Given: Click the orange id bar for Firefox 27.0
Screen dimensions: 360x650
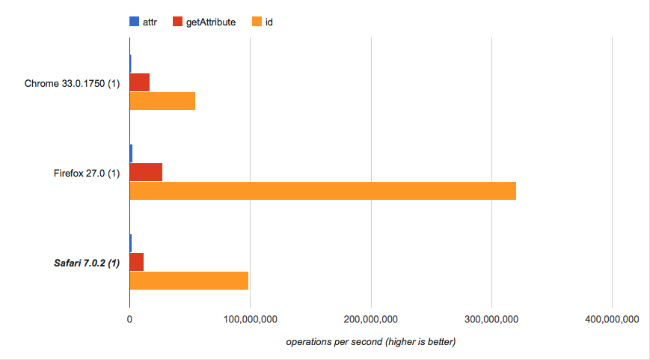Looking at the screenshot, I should coord(322,191).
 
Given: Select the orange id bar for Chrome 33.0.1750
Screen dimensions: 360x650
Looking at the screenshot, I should coord(162,101).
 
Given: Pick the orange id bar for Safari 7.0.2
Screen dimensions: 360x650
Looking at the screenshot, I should coord(188,281).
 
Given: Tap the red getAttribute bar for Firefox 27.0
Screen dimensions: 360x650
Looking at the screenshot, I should coord(146,172).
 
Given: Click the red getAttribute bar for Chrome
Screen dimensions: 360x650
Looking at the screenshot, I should coord(140,82).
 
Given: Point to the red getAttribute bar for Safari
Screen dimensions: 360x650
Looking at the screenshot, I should coord(136,262).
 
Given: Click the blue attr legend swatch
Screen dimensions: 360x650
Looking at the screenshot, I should coord(135,22).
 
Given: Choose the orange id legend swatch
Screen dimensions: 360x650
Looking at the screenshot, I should coord(260,22).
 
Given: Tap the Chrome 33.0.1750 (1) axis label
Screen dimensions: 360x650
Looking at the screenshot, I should coord(72,83).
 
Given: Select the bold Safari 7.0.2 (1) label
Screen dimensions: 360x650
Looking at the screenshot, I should coord(86,263).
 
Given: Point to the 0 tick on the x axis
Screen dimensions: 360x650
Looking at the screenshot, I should coord(129,319).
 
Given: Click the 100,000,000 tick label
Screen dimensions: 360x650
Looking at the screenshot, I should coord(250,319).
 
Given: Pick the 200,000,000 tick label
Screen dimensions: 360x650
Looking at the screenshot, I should coord(371,319).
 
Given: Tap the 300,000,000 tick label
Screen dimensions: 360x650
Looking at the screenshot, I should coord(491,319).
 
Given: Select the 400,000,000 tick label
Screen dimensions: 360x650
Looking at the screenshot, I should coord(612,319).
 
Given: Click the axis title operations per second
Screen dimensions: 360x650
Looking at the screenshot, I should coord(370,341).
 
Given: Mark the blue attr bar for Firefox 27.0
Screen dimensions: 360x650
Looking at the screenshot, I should coord(131,153).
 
